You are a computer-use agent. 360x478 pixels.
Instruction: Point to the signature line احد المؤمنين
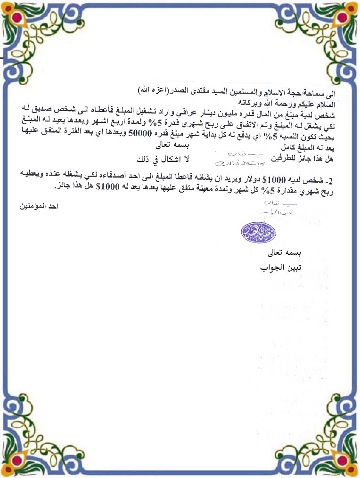point(40,206)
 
